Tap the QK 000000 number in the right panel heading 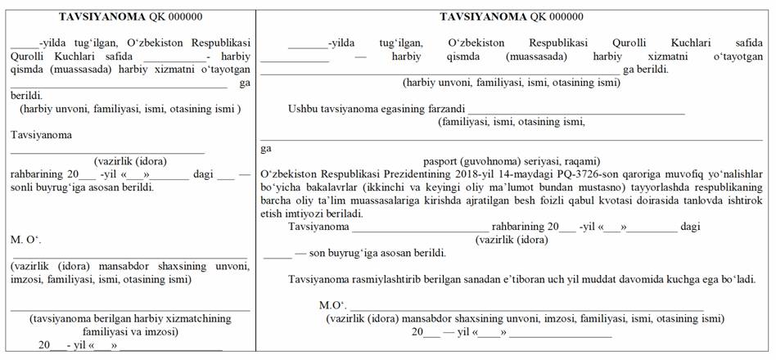[x=557, y=16]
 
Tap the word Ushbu [x=303, y=109]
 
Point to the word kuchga [x=688, y=279]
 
